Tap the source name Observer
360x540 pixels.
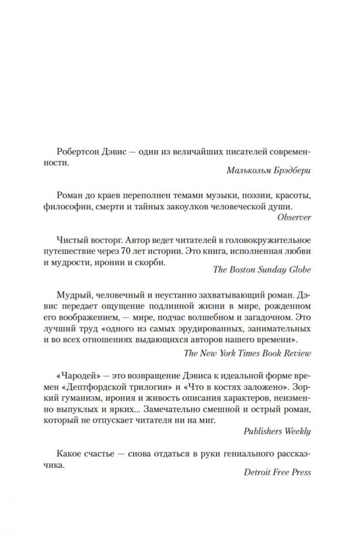[x=297, y=238]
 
